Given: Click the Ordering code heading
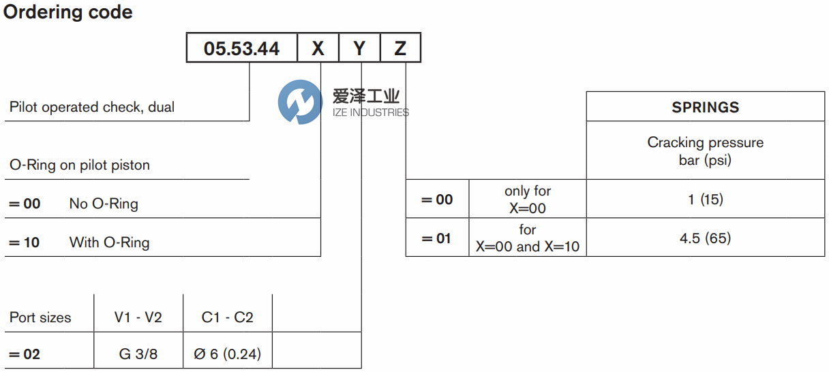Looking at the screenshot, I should tap(68, 12).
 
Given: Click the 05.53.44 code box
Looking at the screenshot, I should tap(242, 48).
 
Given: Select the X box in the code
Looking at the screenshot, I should tap(318, 48).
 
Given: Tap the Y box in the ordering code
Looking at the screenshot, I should tap(359, 48).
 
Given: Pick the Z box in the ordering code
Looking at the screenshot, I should tap(400, 48).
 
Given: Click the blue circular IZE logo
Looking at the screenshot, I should tap(300, 102).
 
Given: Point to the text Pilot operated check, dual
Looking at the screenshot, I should tap(92, 107).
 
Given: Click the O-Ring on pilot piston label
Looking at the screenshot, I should tap(80, 165).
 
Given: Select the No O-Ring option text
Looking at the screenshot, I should tap(104, 204).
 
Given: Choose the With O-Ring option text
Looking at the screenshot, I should tap(109, 243).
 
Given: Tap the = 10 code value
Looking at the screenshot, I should tap(24, 243).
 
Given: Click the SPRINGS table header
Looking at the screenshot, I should tap(705, 107).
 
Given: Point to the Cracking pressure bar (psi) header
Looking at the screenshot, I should tap(705, 151).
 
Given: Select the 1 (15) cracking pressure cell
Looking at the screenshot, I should tap(705, 200).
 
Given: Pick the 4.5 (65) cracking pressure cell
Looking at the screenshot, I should tap(705, 238).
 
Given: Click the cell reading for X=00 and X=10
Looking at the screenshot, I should tap(528, 238).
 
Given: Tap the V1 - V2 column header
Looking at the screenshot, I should tap(138, 317).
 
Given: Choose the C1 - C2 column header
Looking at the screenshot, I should tap(227, 317).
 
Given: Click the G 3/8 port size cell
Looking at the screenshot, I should tap(138, 354).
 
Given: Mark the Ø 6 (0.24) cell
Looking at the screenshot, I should tap(227, 354).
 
